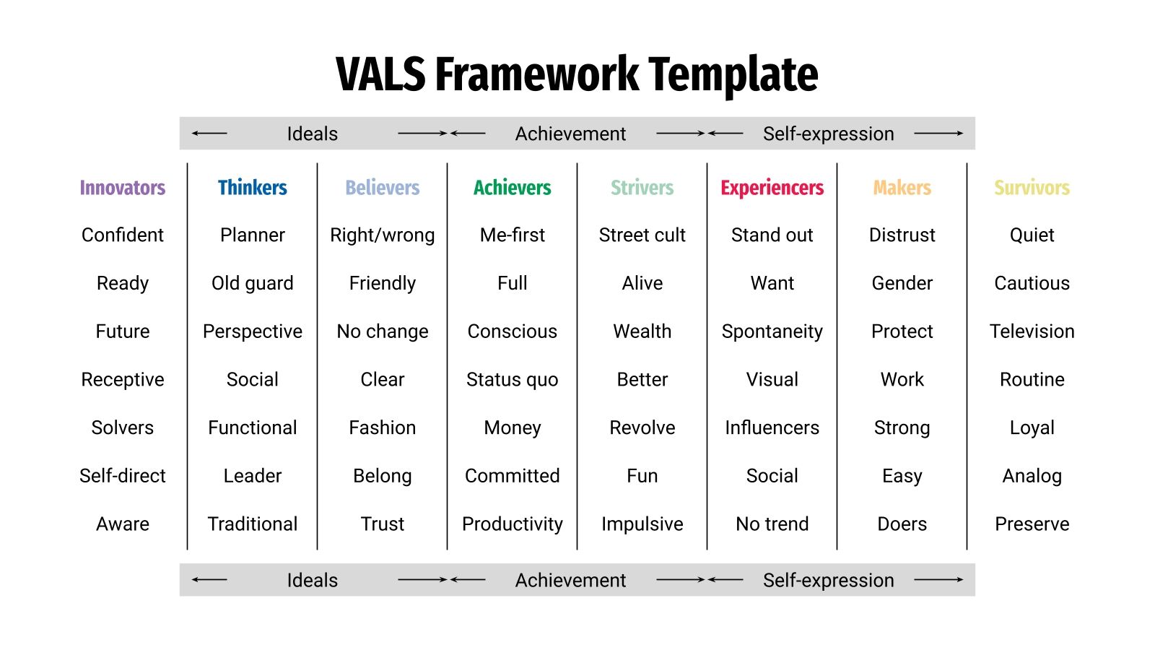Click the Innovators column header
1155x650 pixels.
(122, 188)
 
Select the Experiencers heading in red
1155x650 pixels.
(772, 188)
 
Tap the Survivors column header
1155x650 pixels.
(1032, 188)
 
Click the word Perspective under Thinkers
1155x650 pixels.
(252, 331)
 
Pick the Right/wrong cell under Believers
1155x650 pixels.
(382, 235)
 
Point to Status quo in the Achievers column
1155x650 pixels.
(512, 380)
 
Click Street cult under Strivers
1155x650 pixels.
(642, 235)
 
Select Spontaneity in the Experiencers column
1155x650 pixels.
(772, 331)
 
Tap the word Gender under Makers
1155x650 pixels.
(902, 283)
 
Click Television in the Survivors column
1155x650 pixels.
(1032, 331)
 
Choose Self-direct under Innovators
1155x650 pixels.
(122, 476)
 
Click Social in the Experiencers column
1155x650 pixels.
(772, 476)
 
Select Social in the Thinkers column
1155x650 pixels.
(252, 380)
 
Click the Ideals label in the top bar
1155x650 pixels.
(312, 134)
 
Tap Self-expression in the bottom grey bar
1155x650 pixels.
(828, 580)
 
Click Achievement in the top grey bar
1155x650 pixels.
(570, 134)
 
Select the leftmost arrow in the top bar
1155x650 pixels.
(209, 134)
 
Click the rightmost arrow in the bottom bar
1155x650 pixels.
(938, 579)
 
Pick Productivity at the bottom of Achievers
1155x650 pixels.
(512, 524)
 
